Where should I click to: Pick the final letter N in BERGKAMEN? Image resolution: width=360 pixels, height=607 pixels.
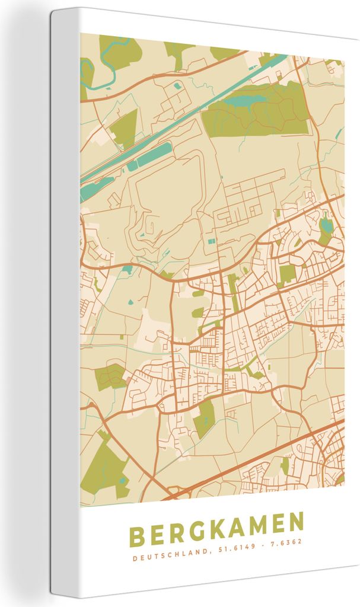click(294, 527)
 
